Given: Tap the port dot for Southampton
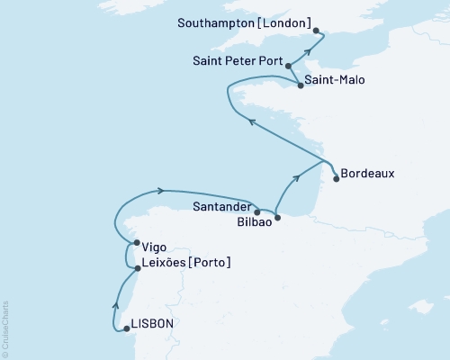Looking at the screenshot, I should tap(317, 31).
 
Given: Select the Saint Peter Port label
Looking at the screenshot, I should tap(238, 63).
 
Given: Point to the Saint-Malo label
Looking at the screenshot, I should tap(336, 79).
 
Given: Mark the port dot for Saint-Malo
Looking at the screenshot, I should tap(300, 86).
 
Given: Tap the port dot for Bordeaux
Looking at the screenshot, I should tap(337, 178).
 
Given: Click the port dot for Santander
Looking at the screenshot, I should tap(257, 212).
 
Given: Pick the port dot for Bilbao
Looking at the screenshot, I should tap(277, 217).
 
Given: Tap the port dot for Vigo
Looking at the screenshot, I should tap(136, 243).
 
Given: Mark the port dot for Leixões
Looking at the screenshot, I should tap(137, 268).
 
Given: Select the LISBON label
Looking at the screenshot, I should tap(155, 322).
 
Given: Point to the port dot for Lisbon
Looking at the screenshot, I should tap(127, 328).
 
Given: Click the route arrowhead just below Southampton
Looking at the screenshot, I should tap(307, 51).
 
